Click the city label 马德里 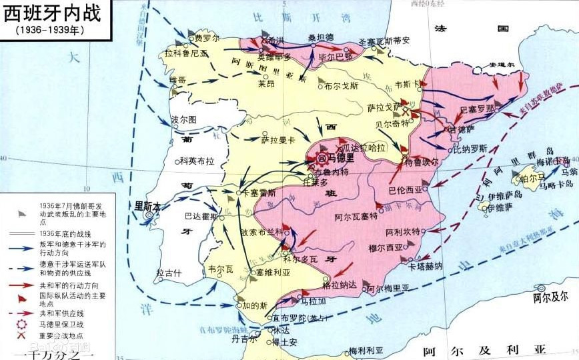pos(340,158)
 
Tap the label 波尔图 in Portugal pos(183,119)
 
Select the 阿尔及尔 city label pos(550,295)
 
